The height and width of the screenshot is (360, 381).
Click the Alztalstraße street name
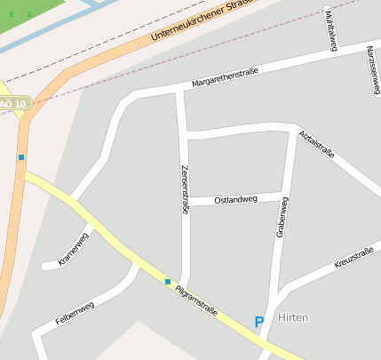(317, 144)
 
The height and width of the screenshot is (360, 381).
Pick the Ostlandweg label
(235, 199)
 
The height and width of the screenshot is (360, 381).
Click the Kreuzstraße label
(353, 258)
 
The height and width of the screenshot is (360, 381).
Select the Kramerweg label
(74, 249)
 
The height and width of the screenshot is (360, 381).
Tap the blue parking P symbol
(259, 322)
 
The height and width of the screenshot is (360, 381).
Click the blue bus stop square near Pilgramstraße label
(167, 282)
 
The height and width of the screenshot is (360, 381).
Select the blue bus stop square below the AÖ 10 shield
(20, 157)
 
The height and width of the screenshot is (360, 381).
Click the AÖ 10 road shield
(12, 104)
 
